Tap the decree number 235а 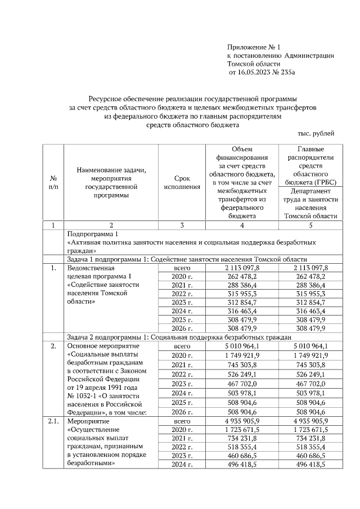pyautogui.click(x=288, y=73)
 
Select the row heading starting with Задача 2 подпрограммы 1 pyautogui.click(x=178, y=337)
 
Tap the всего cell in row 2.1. pyautogui.click(x=182, y=421)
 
